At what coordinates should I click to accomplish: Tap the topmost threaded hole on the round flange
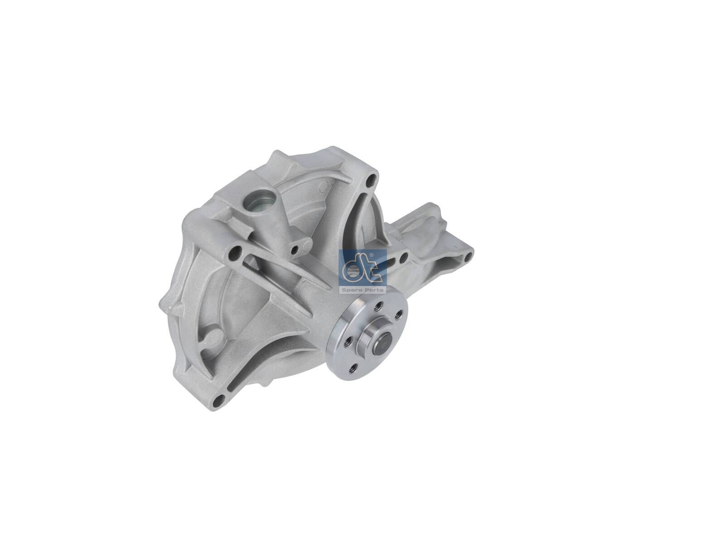click(x=379, y=305)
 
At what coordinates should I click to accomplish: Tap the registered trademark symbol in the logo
click(x=372, y=256)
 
